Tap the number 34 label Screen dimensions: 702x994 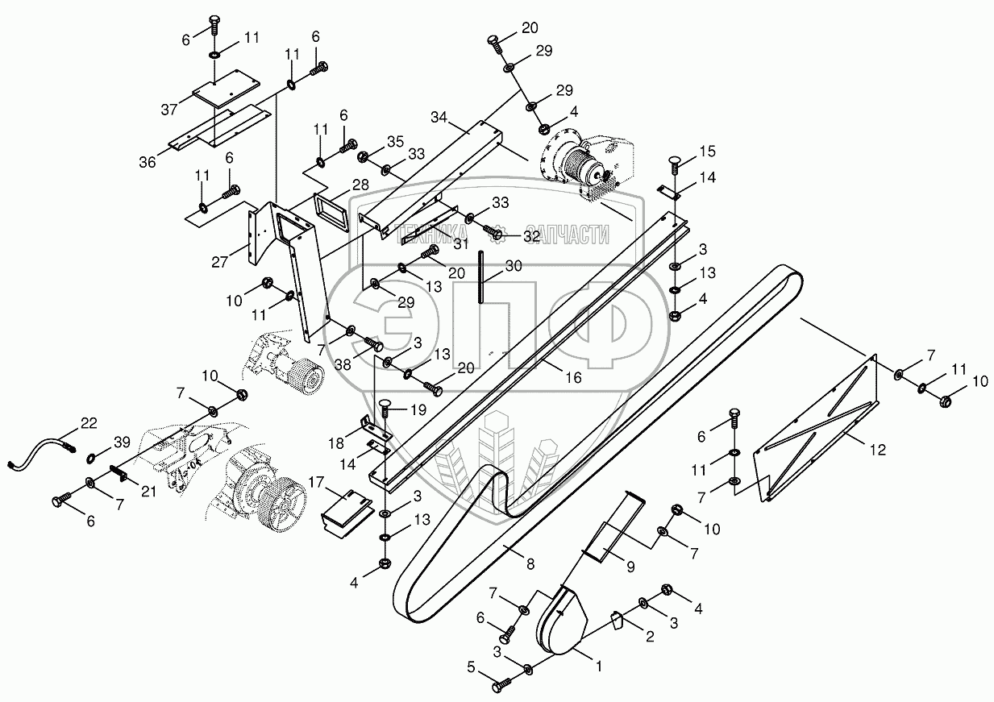tap(439, 117)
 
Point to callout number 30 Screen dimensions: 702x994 tap(514, 267)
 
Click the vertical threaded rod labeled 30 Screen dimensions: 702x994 tap(481, 277)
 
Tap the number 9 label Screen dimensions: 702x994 tap(630, 567)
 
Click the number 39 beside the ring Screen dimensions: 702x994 tap(121, 442)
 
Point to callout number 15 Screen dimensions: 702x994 tap(707, 151)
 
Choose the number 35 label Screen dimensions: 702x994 tap(394, 141)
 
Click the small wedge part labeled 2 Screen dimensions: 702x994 tap(617, 621)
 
